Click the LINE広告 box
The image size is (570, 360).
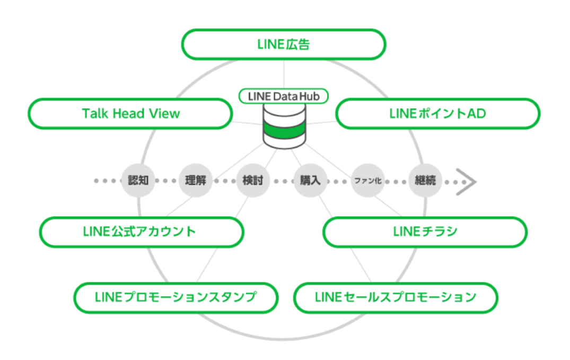[x=283, y=44]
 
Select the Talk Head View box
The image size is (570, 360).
[x=130, y=113]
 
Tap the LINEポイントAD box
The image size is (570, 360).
[x=437, y=113]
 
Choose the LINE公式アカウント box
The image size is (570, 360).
[x=141, y=232]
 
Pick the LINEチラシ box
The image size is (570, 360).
[x=425, y=232]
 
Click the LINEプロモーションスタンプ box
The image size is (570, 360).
[x=176, y=297]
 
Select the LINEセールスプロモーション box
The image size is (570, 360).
[x=396, y=297]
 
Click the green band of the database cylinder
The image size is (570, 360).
[x=285, y=129]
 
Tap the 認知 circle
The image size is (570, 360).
[x=138, y=181]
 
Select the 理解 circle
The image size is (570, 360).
[x=195, y=181]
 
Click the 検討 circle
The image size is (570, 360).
[x=252, y=181]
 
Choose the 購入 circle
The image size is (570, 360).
[x=310, y=181]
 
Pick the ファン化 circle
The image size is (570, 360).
[x=367, y=181]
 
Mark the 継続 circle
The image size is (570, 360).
[x=425, y=181]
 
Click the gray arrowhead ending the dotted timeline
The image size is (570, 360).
[x=467, y=182]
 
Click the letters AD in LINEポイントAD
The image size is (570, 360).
[x=477, y=113]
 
